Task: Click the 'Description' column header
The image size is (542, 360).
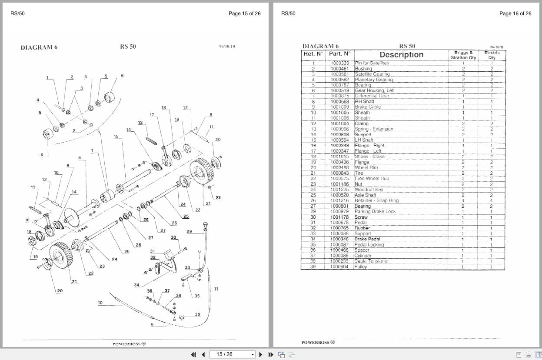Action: [x=401, y=55]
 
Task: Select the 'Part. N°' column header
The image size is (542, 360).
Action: [x=339, y=54]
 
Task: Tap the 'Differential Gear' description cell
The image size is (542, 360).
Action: [x=372, y=96]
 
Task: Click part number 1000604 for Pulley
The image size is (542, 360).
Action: [x=339, y=267]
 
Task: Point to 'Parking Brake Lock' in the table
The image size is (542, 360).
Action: [x=375, y=212]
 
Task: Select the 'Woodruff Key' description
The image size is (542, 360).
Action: [x=369, y=190]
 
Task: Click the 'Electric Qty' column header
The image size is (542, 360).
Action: [x=492, y=55]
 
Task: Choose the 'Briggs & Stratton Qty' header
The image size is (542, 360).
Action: [x=463, y=55]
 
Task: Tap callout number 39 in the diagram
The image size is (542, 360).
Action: [x=197, y=314]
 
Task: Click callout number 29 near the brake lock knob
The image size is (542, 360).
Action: [x=189, y=231]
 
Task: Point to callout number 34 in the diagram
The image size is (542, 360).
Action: [x=136, y=285]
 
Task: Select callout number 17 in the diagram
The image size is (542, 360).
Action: [x=152, y=115]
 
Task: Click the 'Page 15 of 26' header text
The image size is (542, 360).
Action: [x=244, y=13]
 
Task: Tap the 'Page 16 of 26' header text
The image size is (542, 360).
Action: [x=515, y=13]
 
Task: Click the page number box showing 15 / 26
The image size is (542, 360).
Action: [x=232, y=354]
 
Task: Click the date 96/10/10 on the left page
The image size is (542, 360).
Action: [x=227, y=47]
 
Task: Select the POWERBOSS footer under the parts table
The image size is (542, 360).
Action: [x=318, y=342]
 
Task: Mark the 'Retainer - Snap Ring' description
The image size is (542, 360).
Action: [x=376, y=201]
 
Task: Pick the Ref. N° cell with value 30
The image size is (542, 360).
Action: [x=313, y=217]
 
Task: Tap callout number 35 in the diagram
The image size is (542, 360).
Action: [x=197, y=296]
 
